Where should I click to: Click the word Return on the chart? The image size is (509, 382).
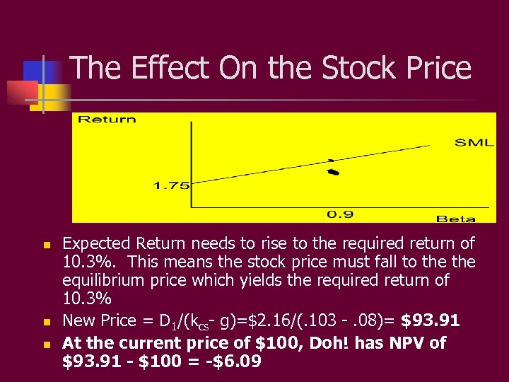click(107, 119)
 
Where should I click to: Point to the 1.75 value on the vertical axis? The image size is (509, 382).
click(170, 185)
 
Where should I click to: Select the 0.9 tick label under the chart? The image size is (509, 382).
click(340, 214)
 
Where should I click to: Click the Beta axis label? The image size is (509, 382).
click(455, 219)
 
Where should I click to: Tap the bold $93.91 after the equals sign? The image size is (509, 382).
click(431, 321)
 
